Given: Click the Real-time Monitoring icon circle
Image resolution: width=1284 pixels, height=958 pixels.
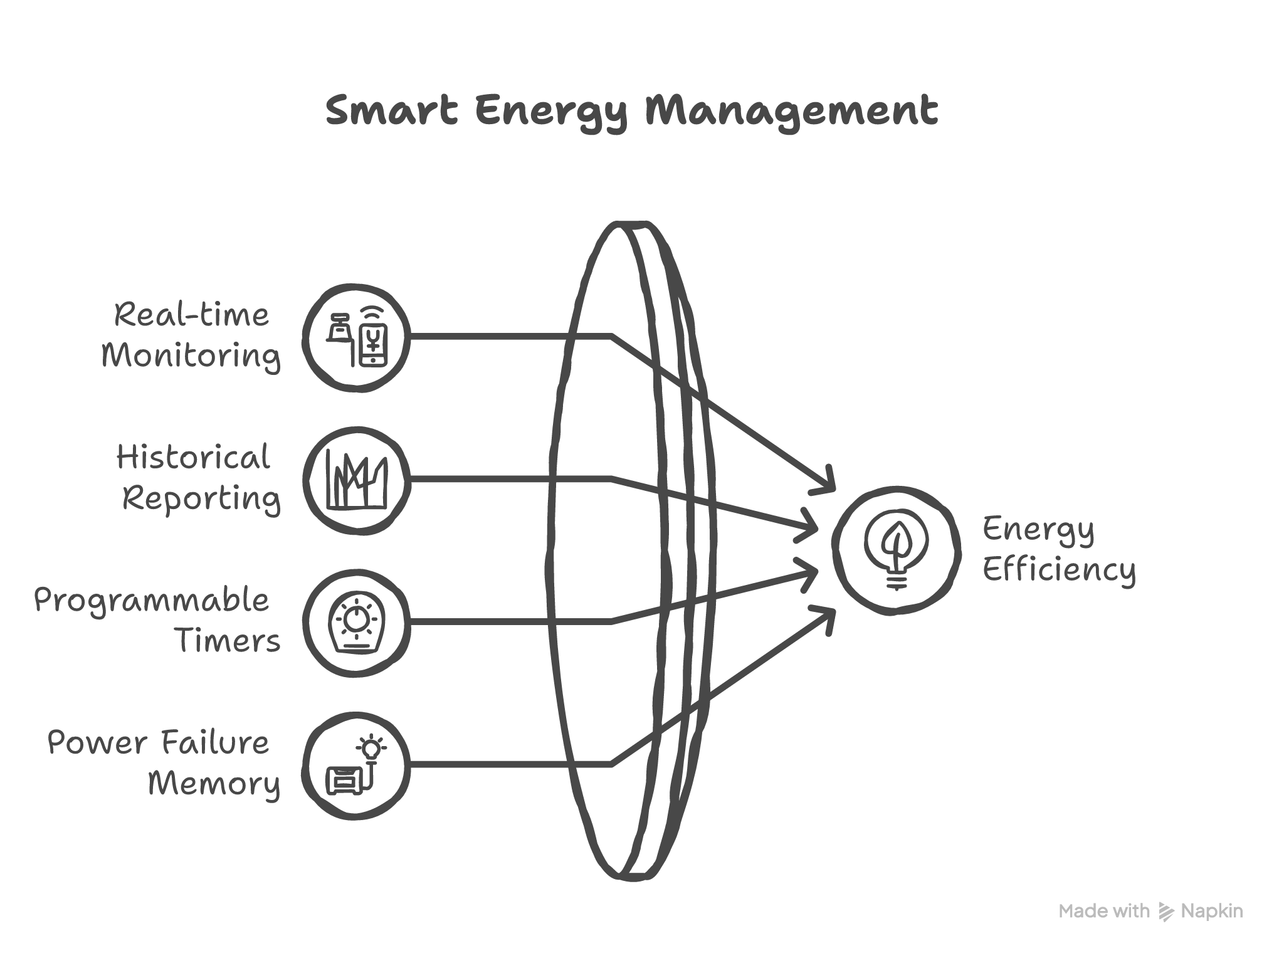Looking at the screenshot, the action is point(357,338).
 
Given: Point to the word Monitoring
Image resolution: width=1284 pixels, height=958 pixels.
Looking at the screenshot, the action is point(191,357).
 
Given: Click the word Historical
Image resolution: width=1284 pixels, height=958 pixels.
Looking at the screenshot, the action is point(193,458).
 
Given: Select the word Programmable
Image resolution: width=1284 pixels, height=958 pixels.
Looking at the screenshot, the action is point(152,601).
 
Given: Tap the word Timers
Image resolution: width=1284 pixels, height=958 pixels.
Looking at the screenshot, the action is point(228,641).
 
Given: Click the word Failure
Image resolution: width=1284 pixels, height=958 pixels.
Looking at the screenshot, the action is point(215,744).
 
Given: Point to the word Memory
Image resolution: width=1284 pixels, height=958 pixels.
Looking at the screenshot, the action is point(214,784).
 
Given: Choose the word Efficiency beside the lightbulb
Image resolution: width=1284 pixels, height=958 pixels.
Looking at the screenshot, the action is point(1059,571).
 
